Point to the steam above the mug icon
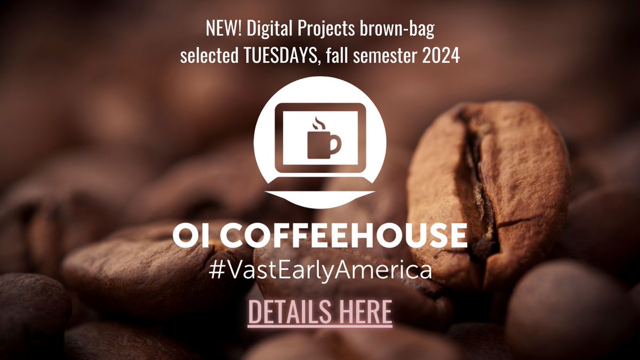tap(318, 123)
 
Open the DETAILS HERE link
tap(320, 313)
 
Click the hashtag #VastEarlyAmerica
tap(320, 270)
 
